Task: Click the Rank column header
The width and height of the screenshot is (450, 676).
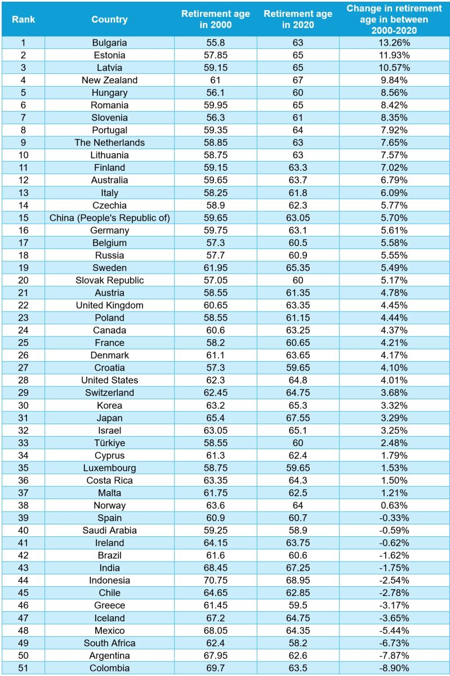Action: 23,19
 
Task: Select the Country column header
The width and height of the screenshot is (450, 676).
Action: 109,19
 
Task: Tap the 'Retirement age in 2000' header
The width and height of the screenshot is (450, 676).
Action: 215,19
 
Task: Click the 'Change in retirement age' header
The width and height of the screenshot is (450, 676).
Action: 394,19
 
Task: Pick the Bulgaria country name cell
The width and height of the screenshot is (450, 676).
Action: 109,43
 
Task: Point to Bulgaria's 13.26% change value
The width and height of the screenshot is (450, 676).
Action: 394,43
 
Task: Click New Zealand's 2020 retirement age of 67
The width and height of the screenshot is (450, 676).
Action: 298,80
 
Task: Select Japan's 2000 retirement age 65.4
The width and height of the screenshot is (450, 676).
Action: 215,418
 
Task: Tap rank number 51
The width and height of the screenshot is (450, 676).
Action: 23,668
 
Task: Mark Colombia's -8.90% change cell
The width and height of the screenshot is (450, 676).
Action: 394,668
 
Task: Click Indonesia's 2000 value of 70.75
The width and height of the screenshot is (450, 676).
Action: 215,580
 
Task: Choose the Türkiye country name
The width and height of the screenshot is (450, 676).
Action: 109,443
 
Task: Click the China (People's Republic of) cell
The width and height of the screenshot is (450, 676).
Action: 109,217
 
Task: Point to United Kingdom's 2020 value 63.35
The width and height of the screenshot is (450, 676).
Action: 298,305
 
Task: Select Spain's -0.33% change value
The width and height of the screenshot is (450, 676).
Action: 394,518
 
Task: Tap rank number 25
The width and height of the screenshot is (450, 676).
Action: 23,343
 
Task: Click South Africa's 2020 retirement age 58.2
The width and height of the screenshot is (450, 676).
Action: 298,643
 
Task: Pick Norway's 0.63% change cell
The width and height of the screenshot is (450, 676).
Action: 394,505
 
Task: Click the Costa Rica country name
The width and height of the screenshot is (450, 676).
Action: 109,481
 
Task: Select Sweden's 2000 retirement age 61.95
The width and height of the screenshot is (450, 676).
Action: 215,268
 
